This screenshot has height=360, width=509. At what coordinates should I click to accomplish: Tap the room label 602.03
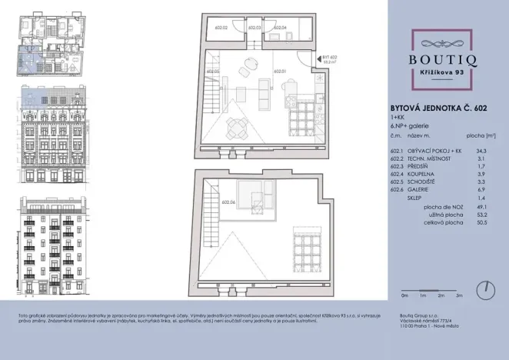[253, 28]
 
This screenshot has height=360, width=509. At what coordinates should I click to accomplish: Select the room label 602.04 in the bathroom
[280, 28]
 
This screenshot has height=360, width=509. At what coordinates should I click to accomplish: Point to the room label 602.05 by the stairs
[214, 72]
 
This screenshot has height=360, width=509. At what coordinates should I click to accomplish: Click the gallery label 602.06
[226, 202]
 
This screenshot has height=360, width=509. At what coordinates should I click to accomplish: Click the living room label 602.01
[280, 72]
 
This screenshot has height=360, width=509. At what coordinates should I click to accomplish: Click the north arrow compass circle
[485, 290]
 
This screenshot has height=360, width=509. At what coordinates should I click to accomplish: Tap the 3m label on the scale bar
[458, 295]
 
